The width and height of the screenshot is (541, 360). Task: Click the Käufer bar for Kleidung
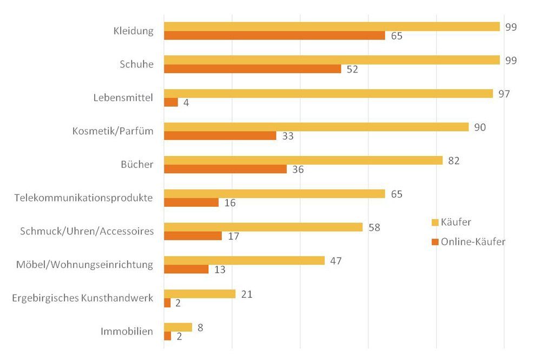tap(332, 27)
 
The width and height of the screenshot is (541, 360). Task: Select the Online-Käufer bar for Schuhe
tap(252, 69)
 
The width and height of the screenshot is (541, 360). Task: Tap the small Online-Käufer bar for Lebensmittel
tap(170, 102)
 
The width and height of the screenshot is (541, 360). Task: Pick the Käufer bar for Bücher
tap(303, 160)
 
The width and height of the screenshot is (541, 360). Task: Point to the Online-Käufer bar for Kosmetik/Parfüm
tap(220, 136)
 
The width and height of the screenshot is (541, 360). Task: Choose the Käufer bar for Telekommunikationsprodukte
tap(274, 194)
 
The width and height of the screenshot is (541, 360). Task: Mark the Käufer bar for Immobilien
tap(177, 327)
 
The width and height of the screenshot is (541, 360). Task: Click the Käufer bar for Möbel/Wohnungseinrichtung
tap(244, 260)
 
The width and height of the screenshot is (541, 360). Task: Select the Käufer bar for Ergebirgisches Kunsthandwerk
tap(199, 294)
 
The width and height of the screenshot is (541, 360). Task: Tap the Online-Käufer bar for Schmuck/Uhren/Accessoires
tap(193, 236)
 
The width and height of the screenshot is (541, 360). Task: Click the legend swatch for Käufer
tap(434, 222)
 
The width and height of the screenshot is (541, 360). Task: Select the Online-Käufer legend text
tap(473, 242)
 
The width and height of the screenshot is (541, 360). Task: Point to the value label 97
tap(505, 94)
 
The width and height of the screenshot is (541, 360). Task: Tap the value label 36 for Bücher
tap(298, 169)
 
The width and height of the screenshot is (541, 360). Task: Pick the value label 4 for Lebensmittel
tap(186, 103)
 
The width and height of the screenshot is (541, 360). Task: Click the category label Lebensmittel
tap(123, 98)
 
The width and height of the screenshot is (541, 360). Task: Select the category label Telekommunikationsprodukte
tap(84, 198)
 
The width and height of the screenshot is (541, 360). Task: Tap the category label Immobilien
tap(127, 331)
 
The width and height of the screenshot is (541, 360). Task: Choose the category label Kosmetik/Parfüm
tap(113, 132)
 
